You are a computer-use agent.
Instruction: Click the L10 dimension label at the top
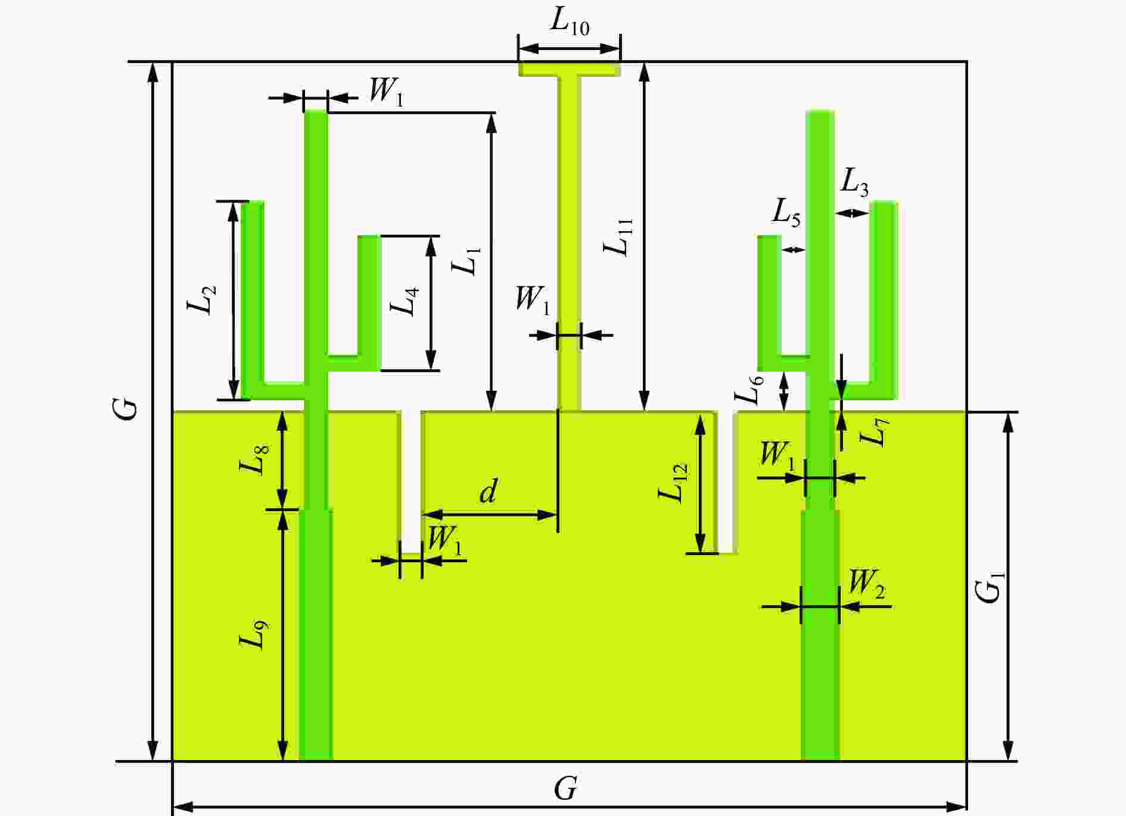[x=570, y=23]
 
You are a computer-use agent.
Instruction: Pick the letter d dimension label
[x=488, y=491]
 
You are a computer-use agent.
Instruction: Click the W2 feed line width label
[x=867, y=585]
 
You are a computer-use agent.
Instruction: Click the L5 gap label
[x=786, y=212]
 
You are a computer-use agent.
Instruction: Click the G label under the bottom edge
[x=565, y=789]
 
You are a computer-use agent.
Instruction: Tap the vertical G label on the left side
[x=127, y=410]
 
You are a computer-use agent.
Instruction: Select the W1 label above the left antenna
[x=386, y=92]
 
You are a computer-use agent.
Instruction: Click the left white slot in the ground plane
[x=410, y=482]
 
